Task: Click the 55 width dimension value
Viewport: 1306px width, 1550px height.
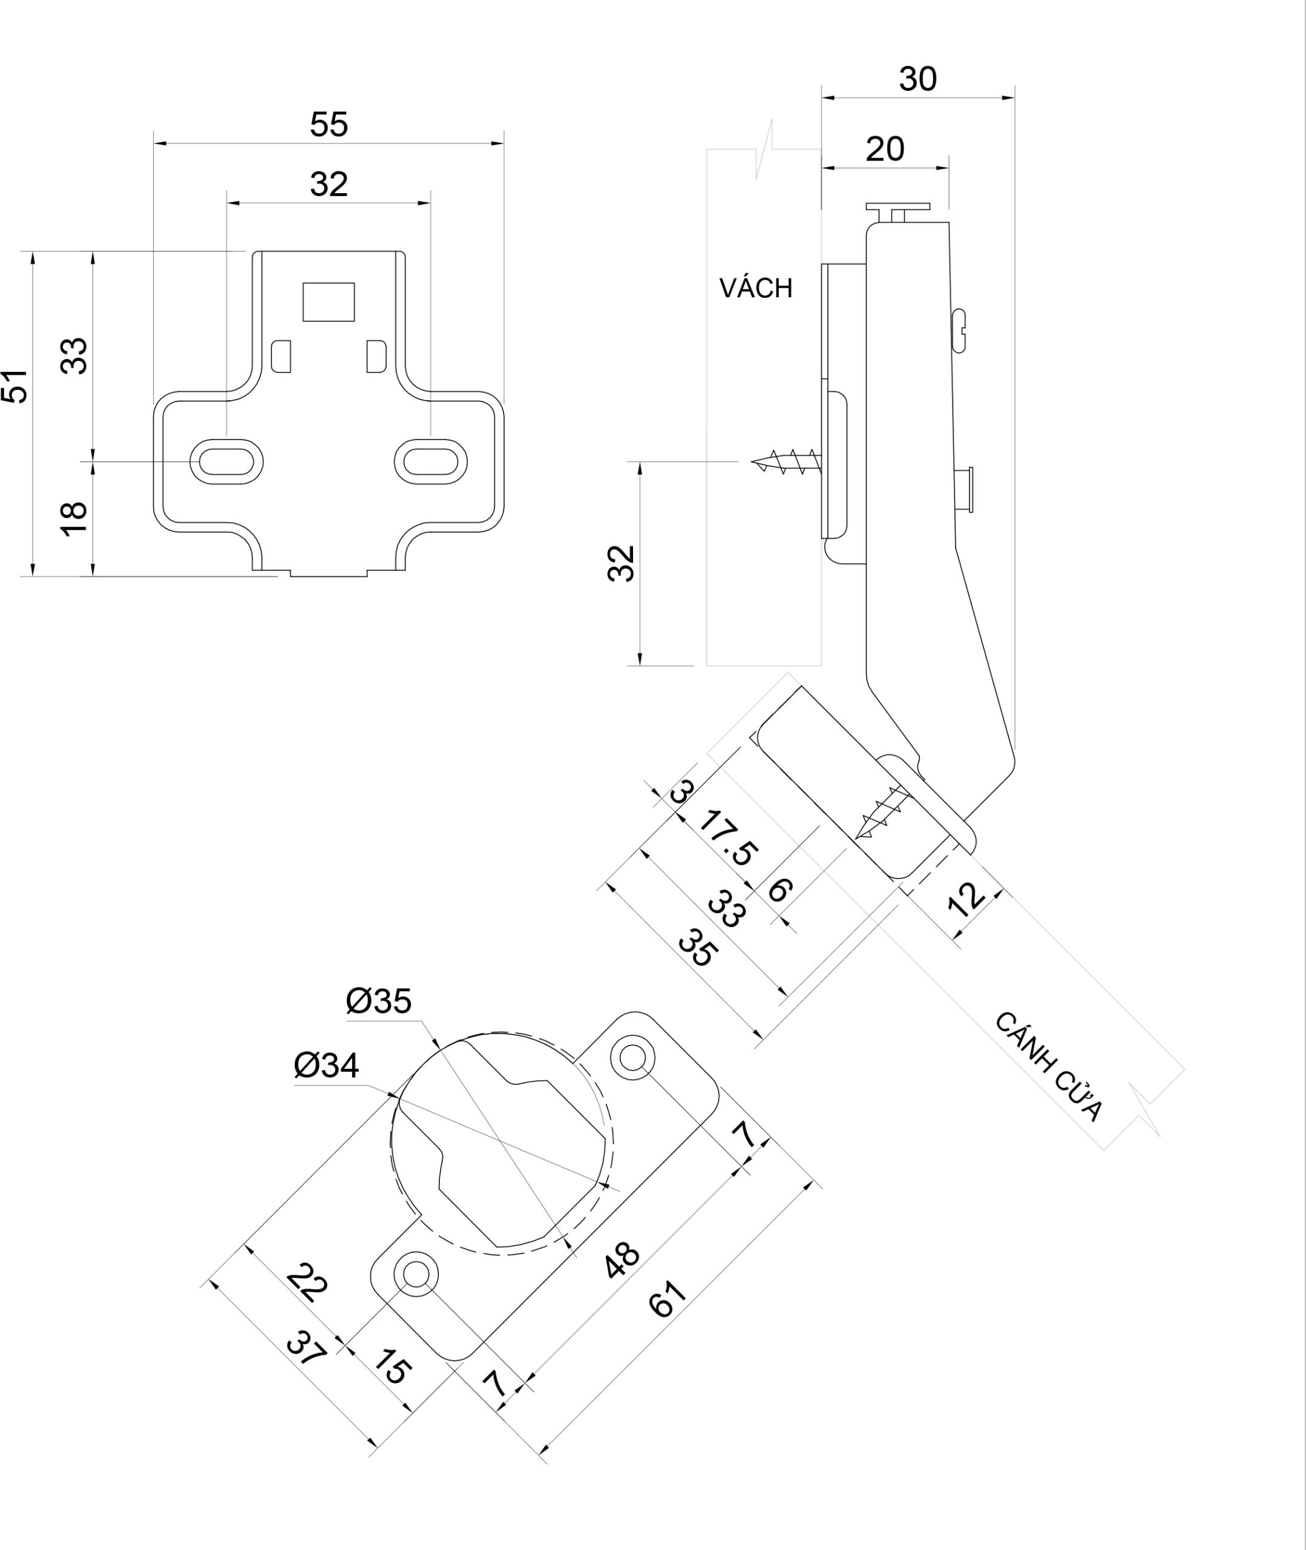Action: pos(329,124)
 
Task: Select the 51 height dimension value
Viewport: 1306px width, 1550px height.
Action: pos(16,386)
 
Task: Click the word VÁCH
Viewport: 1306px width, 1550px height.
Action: pos(756,288)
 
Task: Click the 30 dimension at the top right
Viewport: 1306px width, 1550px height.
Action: pos(918,79)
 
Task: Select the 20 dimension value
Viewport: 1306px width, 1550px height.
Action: pos(885,150)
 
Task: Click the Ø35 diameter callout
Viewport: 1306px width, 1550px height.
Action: pos(378,1001)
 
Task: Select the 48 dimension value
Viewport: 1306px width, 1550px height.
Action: pos(622,1261)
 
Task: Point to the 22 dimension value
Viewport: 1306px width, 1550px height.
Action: pos(306,1284)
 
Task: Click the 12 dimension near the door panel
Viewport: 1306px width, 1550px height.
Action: pos(966,900)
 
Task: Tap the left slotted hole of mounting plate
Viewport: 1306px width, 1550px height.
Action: pos(226,461)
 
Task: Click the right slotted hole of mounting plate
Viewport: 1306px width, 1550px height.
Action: pos(430,461)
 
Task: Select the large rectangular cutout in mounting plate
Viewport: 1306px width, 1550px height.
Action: pos(329,302)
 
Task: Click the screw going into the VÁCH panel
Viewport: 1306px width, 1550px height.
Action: pos(786,461)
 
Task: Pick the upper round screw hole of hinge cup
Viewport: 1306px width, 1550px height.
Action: pos(632,1057)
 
